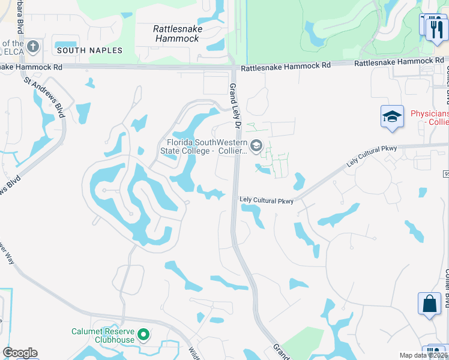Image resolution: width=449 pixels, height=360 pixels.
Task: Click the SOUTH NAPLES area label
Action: pos(89,51)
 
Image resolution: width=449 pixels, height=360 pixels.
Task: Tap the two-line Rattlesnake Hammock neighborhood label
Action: pos(178,34)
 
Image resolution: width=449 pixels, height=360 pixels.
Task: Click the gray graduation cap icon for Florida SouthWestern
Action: pos(256,145)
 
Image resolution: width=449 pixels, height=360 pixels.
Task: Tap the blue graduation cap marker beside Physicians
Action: pos(392,116)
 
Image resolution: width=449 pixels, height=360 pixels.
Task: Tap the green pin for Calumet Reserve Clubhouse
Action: pos(143,334)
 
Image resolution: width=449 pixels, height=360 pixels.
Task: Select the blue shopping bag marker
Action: pos(429,304)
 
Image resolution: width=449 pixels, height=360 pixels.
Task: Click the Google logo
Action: pos(20,353)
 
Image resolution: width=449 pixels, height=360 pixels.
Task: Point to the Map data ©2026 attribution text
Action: pos(423,355)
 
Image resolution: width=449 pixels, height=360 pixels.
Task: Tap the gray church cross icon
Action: pos(33,46)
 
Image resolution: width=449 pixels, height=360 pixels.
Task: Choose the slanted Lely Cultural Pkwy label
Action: pos(372,155)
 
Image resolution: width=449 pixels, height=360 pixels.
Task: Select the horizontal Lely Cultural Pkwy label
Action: pos(266,200)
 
